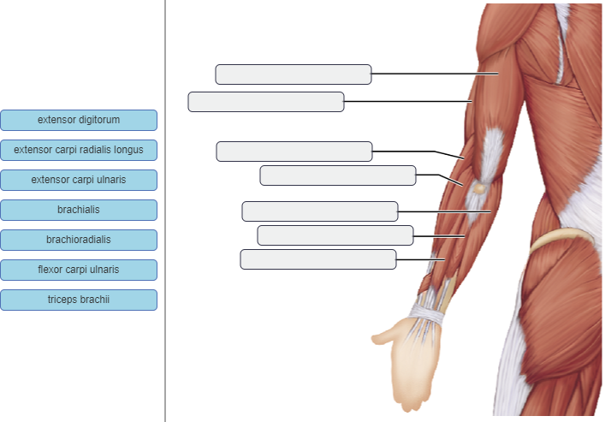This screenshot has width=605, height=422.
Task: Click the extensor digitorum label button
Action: coord(79,120)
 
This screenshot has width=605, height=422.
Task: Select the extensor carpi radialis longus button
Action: coord(79,150)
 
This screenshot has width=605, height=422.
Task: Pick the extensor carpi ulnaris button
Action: coord(79,180)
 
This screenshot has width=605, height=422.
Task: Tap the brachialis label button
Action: coord(79,210)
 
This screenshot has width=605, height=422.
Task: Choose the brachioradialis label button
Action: coord(79,240)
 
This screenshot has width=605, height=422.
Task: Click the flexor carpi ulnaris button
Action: coord(79,270)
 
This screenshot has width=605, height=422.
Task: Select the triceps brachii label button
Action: coord(79,300)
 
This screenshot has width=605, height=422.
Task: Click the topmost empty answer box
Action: coord(293,74)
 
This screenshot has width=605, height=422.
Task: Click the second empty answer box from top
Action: coord(266,102)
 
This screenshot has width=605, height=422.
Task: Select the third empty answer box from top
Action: coord(294,152)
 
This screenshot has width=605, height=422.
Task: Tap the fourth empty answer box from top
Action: coord(338,175)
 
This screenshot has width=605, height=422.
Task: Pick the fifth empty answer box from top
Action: coord(320,211)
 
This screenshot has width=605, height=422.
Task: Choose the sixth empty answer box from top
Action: coord(335,235)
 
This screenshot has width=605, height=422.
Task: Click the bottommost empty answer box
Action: coord(318,259)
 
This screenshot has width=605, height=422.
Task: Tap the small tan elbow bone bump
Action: coord(480,187)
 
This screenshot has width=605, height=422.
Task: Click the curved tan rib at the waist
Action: coord(561,240)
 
